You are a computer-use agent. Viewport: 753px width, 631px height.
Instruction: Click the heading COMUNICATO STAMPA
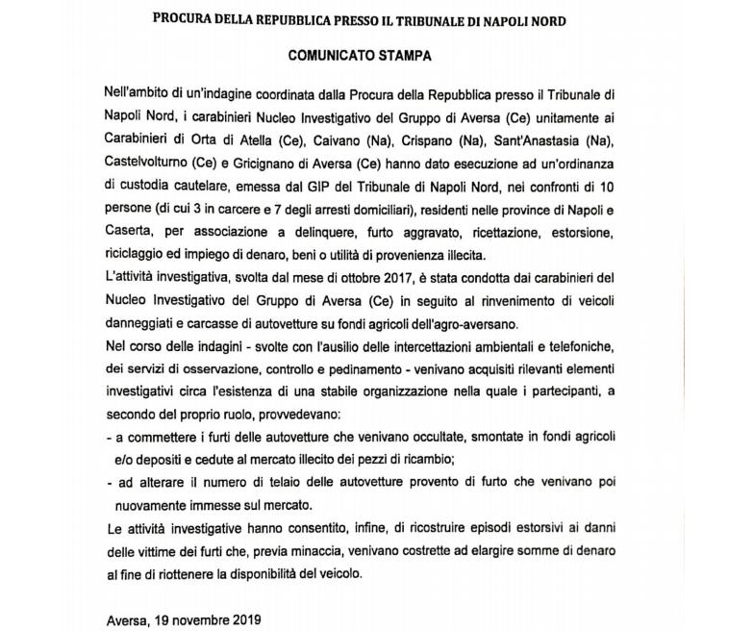360,56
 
